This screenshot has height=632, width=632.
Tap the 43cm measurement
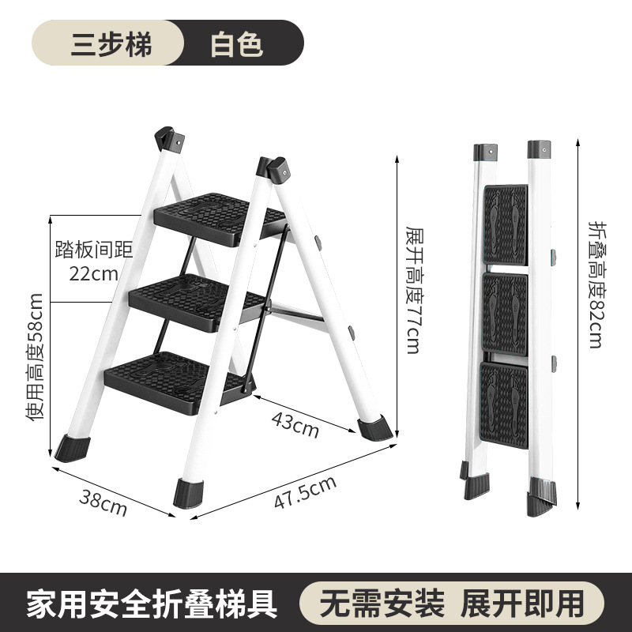pos(295,425)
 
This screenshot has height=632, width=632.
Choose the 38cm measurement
pos(103,501)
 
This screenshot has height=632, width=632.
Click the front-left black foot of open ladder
pos(73,448)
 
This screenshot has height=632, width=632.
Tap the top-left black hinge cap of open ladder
pos(170,140)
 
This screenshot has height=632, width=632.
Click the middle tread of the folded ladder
pos(505,313)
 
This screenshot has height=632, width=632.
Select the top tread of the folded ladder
pos(505,224)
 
